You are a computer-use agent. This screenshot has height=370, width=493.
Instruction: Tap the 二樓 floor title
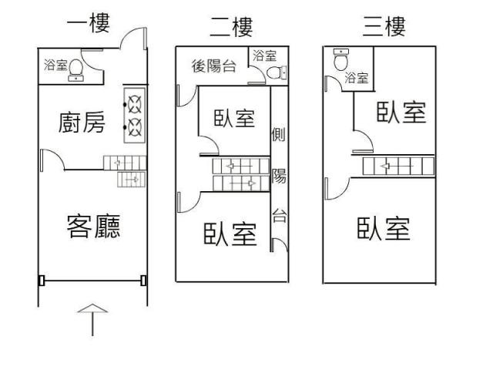click(231, 29)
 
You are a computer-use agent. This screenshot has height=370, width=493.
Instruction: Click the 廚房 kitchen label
click(82, 123)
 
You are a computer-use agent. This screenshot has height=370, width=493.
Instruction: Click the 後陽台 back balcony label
click(213, 65)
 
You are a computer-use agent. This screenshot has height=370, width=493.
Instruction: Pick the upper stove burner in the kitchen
click(135, 102)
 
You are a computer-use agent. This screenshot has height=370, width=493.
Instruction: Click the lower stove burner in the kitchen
click(135, 125)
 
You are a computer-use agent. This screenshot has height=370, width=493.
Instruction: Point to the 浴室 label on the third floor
click(356, 78)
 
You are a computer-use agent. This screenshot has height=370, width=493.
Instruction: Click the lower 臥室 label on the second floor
click(230, 234)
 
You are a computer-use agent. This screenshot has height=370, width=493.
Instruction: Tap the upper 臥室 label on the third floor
click(401, 113)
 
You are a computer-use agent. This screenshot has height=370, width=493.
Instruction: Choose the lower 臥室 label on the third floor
click(383, 228)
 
